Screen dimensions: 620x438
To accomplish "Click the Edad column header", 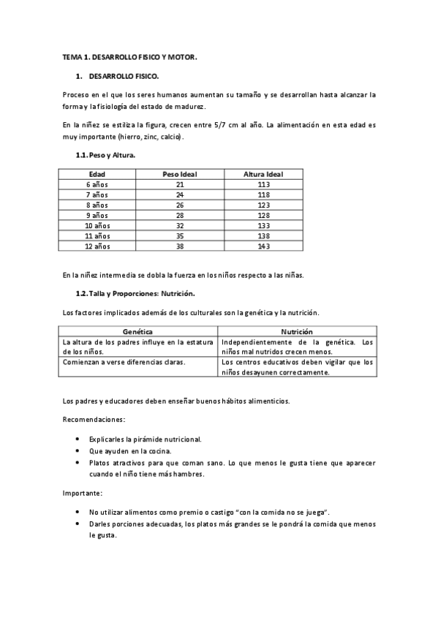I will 97,174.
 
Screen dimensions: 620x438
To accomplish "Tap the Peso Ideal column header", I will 179,174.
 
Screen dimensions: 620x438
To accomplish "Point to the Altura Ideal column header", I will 263,174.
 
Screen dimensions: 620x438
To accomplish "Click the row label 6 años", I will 97,185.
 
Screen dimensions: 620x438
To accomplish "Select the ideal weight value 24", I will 179,195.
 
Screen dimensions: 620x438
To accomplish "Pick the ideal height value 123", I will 263,205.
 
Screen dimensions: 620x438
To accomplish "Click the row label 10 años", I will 97,226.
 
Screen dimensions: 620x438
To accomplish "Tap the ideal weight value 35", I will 179,236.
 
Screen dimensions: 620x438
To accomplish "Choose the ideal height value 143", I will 263,246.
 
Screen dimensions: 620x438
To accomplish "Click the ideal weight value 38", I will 179,246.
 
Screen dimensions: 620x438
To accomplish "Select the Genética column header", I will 138,331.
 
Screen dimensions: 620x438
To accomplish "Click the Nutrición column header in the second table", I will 297,331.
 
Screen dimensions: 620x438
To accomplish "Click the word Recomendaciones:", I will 94,420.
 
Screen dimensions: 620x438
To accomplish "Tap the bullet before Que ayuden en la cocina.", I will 78,451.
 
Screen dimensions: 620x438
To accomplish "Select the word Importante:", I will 83,494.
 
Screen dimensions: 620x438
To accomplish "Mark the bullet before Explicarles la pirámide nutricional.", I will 78,439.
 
